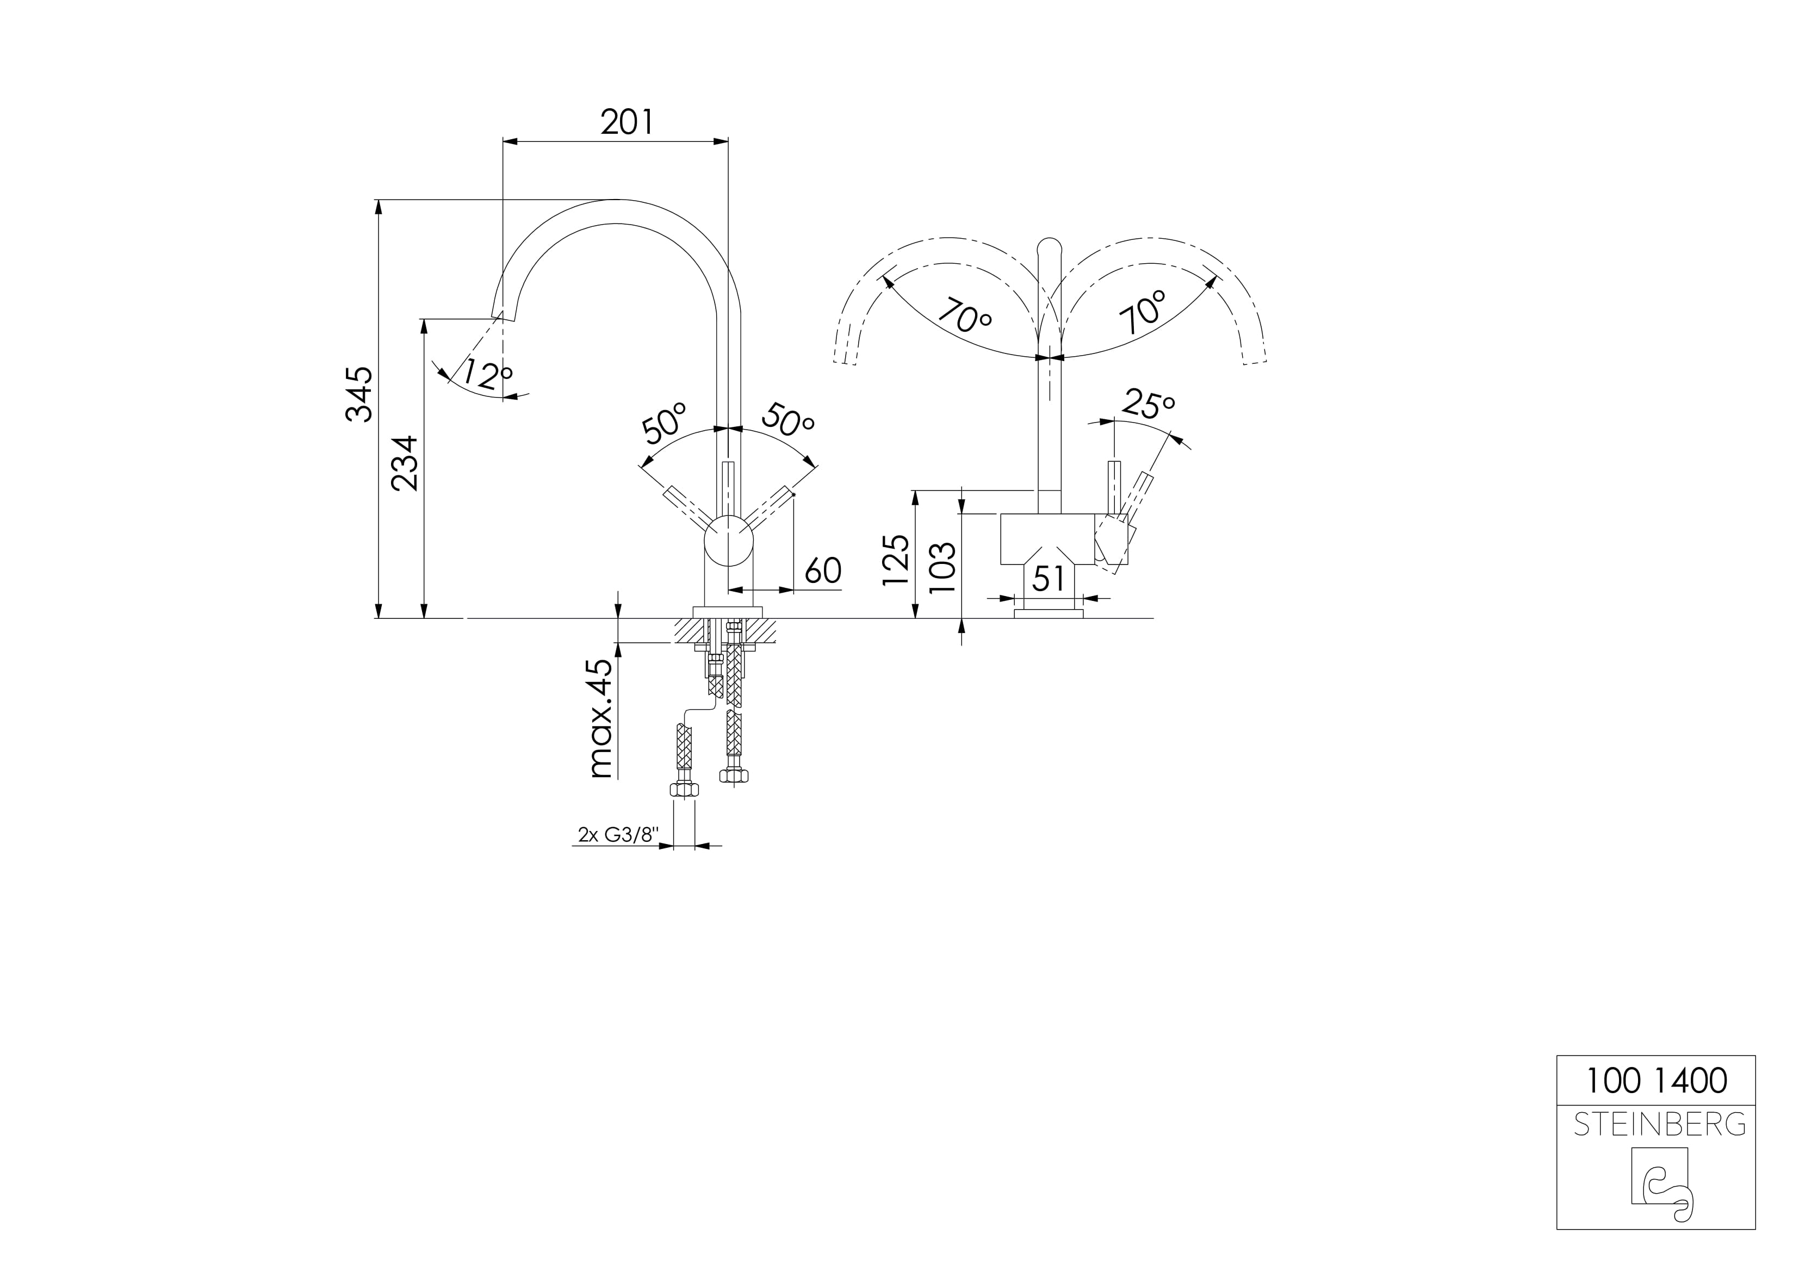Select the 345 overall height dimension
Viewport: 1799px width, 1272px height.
coord(359,394)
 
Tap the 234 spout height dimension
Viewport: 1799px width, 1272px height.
coord(406,463)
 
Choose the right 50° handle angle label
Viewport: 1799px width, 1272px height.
coord(788,421)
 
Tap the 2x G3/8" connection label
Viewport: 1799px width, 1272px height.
coord(615,835)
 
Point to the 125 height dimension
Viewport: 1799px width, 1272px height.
coord(896,560)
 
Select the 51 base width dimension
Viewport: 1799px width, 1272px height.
coord(1049,579)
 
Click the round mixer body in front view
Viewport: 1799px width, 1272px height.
coord(729,541)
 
